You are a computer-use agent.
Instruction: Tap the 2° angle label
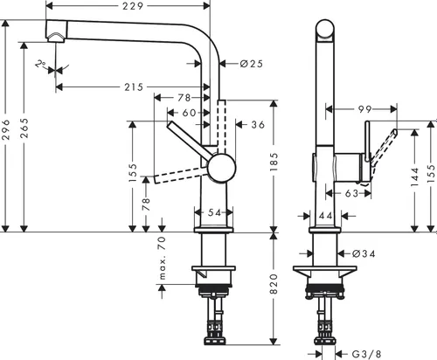click(40, 65)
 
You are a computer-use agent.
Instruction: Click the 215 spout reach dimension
click(134, 87)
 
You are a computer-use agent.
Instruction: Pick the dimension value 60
click(190, 113)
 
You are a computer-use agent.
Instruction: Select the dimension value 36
click(257, 125)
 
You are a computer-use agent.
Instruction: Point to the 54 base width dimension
click(215, 212)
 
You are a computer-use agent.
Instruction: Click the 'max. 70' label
click(162, 252)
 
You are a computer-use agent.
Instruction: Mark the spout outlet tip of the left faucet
click(56, 35)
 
